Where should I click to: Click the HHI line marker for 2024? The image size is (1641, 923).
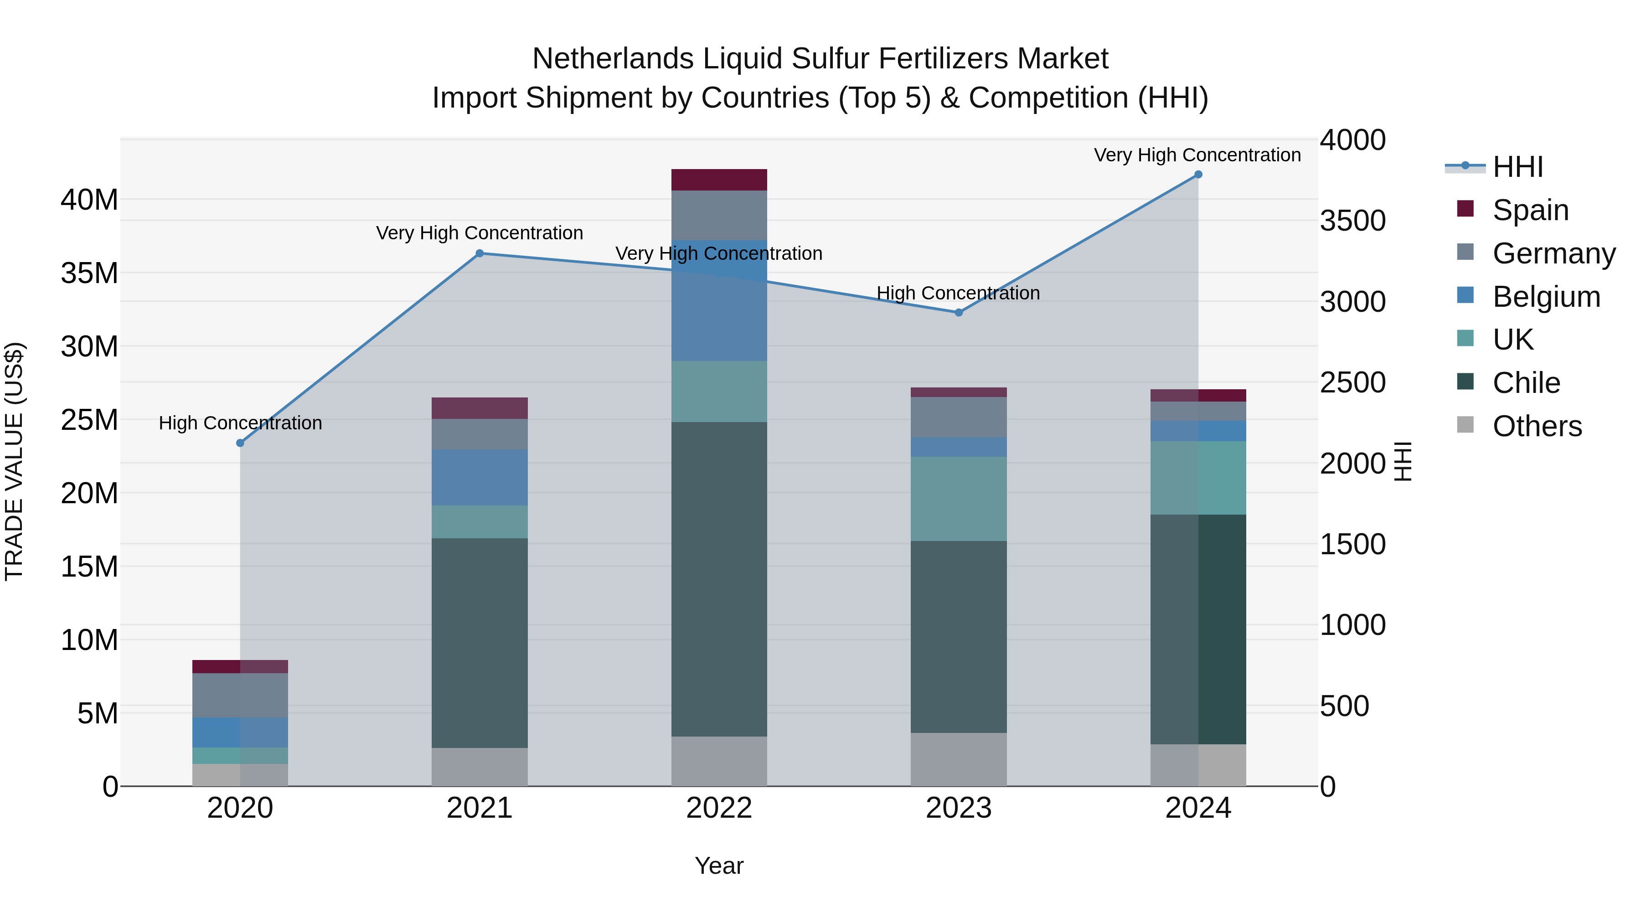pos(1197,175)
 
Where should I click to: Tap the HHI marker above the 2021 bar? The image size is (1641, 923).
pos(480,253)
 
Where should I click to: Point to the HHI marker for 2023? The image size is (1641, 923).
pos(958,313)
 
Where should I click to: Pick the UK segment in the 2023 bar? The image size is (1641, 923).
pos(958,499)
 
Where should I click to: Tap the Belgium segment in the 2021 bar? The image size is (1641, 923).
pos(480,478)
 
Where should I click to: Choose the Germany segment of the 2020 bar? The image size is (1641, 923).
pos(240,695)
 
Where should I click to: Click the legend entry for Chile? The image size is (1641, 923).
pos(1526,383)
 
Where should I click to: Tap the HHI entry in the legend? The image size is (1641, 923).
pos(1517,167)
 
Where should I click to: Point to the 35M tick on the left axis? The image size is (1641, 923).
pos(89,273)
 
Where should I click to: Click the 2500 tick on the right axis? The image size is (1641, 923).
pos(1352,383)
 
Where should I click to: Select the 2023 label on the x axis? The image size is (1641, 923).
pos(958,808)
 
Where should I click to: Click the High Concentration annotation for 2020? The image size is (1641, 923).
pos(240,423)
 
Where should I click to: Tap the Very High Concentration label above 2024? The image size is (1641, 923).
pos(1197,155)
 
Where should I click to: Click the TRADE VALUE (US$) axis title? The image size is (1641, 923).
pos(14,461)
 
